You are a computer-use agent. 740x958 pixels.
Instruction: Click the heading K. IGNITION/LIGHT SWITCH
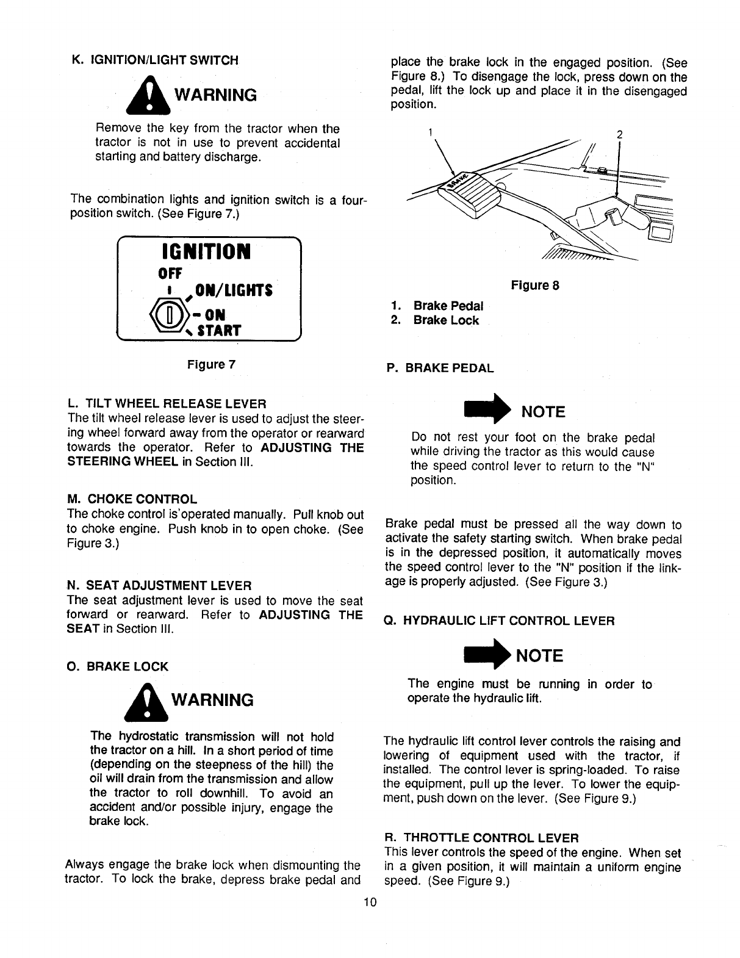155,60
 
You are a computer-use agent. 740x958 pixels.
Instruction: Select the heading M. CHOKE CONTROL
132,500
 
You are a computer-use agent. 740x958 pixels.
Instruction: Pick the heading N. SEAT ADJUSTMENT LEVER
159,586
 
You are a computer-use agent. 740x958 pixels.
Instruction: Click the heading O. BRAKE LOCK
118,666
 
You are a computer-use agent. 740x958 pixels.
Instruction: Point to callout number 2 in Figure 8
619,134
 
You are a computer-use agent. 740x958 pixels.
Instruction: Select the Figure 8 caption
535,286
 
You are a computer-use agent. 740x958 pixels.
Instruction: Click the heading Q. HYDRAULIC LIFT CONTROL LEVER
499,621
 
